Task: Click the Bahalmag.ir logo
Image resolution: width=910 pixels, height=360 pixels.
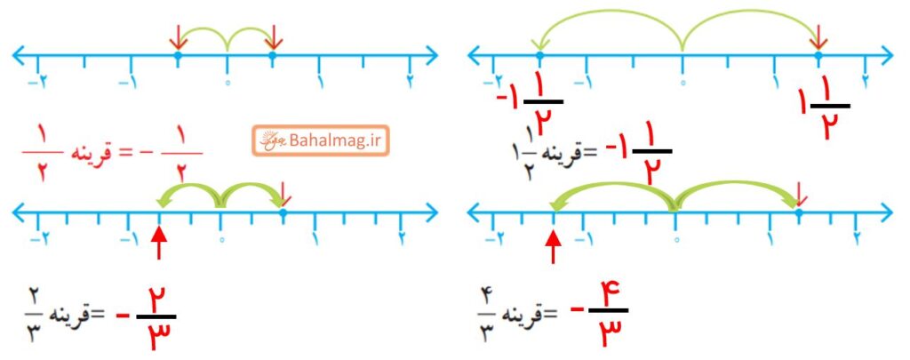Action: click(x=320, y=140)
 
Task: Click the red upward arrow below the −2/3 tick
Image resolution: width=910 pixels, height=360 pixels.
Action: click(x=160, y=240)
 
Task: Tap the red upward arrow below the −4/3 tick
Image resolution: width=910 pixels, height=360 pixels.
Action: click(x=555, y=245)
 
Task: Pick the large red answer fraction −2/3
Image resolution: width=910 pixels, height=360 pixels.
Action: click(x=147, y=317)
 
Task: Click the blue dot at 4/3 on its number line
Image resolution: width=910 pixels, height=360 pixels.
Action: click(x=799, y=213)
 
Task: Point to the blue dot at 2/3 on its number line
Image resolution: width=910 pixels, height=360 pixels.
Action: click(x=283, y=213)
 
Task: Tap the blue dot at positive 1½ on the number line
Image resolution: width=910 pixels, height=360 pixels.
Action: click(x=818, y=56)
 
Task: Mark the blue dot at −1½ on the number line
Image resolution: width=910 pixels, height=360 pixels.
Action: click(x=539, y=56)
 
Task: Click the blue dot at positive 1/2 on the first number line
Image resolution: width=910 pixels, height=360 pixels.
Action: click(x=273, y=56)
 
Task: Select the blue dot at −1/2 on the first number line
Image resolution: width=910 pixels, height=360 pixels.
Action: click(x=178, y=56)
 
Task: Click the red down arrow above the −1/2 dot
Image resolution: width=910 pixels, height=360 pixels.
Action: click(x=178, y=37)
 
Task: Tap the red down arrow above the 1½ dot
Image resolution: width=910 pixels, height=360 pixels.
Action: click(x=818, y=37)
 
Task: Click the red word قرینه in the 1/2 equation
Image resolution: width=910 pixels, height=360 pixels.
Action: click(x=92, y=153)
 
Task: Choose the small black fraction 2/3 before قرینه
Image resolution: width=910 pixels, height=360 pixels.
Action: click(x=34, y=317)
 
